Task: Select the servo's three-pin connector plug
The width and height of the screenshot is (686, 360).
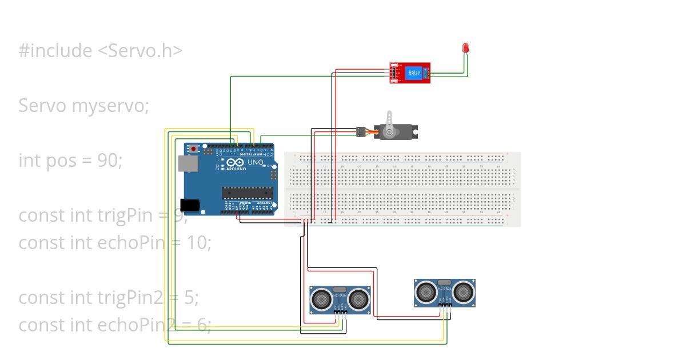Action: click(361, 132)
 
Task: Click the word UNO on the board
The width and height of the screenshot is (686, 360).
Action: click(255, 162)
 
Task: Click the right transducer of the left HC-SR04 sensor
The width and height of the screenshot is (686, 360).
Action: click(358, 298)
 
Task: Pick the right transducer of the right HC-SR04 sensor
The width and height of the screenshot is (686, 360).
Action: click(462, 291)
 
